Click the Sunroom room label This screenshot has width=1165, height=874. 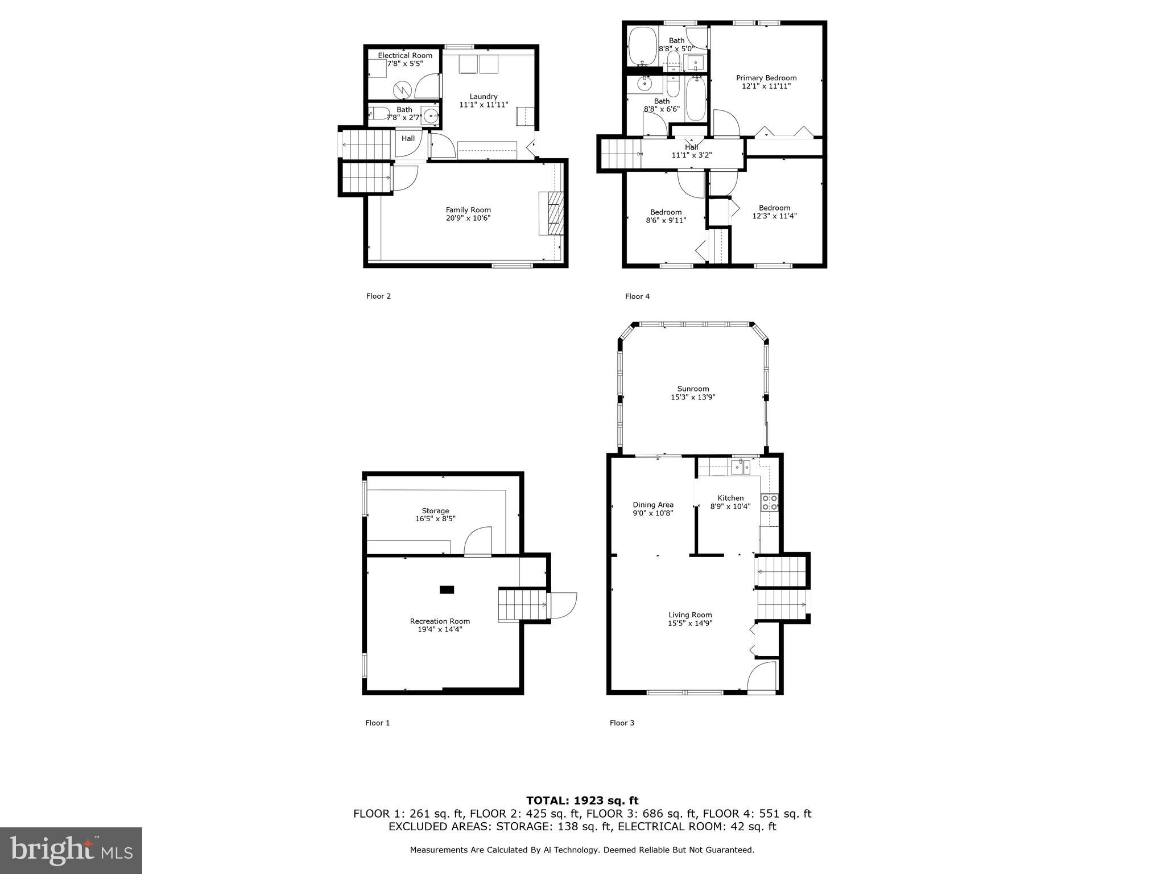click(692, 389)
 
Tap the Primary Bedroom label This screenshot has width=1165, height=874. click(766, 78)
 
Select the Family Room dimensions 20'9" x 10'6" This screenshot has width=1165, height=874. click(468, 218)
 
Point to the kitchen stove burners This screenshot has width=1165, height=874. click(770, 502)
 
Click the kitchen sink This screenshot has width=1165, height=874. click(741, 468)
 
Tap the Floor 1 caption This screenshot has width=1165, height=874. click(377, 723)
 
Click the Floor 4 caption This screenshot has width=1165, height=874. click(637, 296)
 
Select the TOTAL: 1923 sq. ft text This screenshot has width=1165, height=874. click(582, 801)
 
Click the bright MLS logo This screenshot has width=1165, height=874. click(71, 850)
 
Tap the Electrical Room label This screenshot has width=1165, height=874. click(405, 56)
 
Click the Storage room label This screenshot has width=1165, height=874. click(435, 511)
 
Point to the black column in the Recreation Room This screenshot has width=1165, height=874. click(447, 590)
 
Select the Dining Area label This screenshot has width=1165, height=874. click(652, 505)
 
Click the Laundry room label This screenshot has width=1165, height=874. click(484, 97)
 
